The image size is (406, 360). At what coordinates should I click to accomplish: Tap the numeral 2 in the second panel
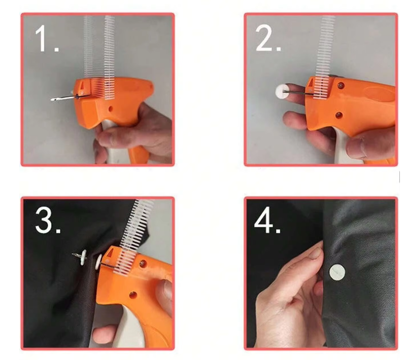(264, 39)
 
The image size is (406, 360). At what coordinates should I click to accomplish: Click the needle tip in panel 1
(52, 99)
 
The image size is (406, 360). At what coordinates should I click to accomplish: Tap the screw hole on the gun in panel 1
(111, 109)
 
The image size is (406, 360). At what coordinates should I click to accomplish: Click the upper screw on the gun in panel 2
(341, 85)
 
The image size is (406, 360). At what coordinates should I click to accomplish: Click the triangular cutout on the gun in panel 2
(310, 83)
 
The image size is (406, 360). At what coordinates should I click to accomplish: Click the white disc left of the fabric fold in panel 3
(83, 258)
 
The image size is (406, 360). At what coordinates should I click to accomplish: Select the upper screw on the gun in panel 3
(143, 264)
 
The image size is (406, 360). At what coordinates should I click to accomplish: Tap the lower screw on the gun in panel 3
(133, 294)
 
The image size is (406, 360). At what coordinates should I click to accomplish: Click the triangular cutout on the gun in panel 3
(110, 253)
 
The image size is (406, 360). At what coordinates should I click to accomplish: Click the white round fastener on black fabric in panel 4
(337, 272)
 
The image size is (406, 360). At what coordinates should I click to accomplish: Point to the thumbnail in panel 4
(315, 253)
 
